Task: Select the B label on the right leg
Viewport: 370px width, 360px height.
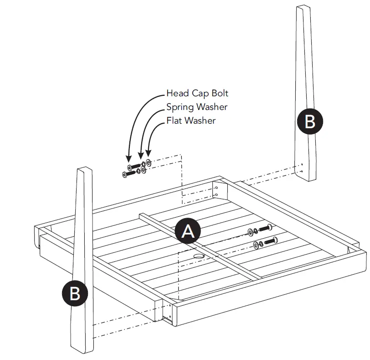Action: (x=309, y=121)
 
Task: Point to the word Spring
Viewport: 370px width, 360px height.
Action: (x=180, y=107)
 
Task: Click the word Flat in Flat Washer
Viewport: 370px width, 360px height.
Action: (x=175, y=121)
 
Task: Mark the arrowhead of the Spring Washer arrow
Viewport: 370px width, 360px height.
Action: (x=141, y=158)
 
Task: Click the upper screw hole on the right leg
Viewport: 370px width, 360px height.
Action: (x=301, y=166)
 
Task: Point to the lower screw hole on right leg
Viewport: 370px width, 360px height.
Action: (x=301, y=172)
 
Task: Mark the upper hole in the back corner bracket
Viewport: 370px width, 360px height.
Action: (x=217, y=187)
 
